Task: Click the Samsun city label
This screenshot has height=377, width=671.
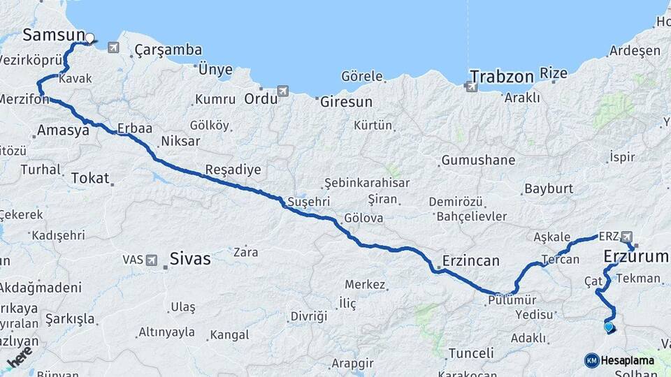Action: pyautogui.click(x=53, y=35)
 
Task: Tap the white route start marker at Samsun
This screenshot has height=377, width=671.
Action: pyautogui.click(x=89, y=38)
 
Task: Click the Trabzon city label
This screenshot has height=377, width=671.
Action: pyautogui.click(x=501, y=76)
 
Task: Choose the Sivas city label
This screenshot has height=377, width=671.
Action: pyautogui.click(x=189, y=259)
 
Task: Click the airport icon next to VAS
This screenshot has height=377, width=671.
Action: pyautogui.click(x=152, y=260)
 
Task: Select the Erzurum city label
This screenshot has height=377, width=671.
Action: pyautogui.click(x=636, y=257)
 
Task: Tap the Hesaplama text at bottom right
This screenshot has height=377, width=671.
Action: pyautogui.click(x=628, y=360)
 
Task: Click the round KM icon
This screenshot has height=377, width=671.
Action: pyautogui.click(x=591, y=360)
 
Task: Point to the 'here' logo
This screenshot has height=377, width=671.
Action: pyautogui.click(x=19, y=356)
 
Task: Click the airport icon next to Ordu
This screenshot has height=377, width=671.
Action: pyautogui.click(x=282, y=91)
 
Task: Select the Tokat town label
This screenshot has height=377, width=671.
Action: pyautogui.click(x=90, y=179)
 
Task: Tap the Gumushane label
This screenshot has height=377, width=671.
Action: pyautogui.click(x=478, y=160)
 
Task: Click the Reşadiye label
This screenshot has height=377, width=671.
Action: pyautogui.click(x=233, y=170)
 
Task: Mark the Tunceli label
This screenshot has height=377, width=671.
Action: pyautogui.click(x=471, y=352)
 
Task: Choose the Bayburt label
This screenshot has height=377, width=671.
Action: pyautogui.click(x=548, y=188)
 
